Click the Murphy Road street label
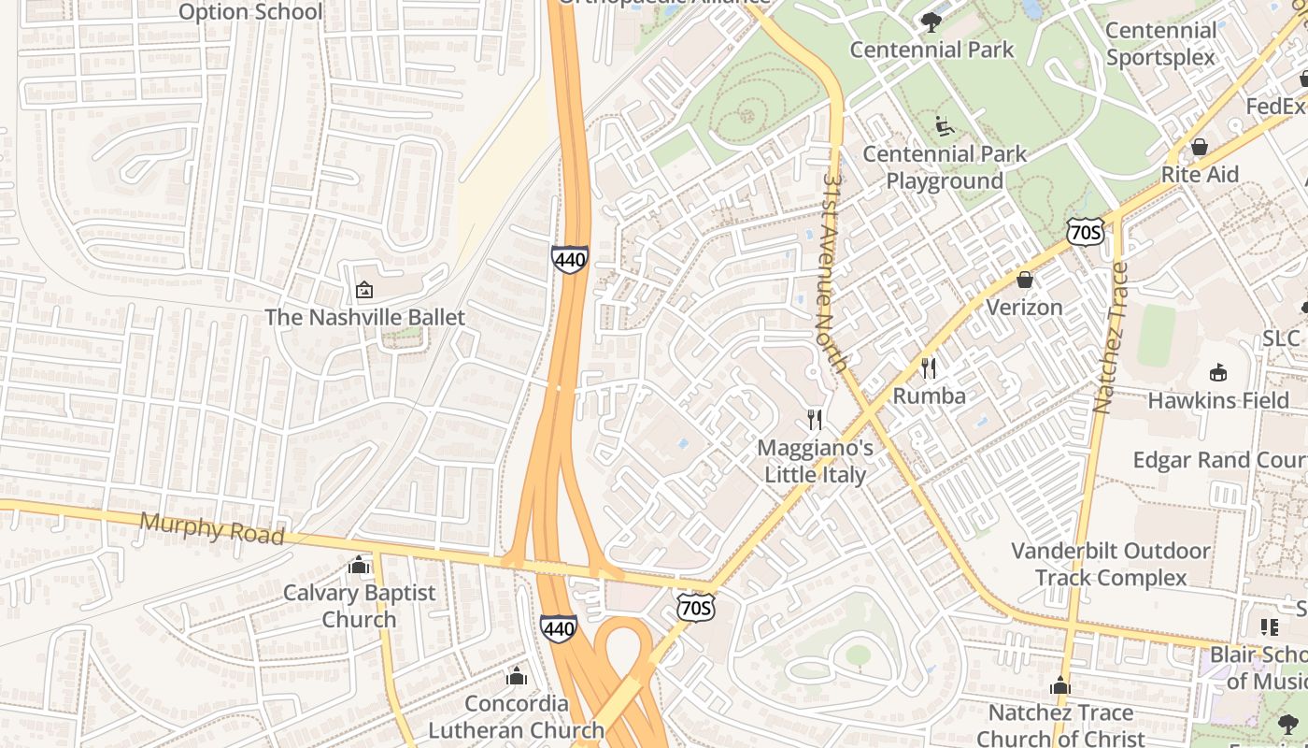point(211,528)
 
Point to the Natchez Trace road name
point(1111,338)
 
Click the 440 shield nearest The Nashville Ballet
point(569,259)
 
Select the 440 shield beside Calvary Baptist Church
point(558,628)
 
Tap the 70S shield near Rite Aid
point(1085,231)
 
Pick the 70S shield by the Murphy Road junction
point(696,609)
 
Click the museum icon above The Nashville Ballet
point(364,291)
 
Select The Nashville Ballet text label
point(364,317)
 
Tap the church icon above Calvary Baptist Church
point(359,566)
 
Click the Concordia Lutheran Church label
point(516,716)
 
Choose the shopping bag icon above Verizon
point(1025,280)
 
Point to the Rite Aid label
point(1200,175)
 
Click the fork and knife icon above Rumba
point(929,368)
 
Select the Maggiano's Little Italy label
point(816,461)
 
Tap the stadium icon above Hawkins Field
point(1218,373)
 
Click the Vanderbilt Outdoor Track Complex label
point(1111,564)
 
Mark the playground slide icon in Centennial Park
point(945,125)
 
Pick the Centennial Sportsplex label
point(1160,44)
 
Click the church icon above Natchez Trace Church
point(1059,686)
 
